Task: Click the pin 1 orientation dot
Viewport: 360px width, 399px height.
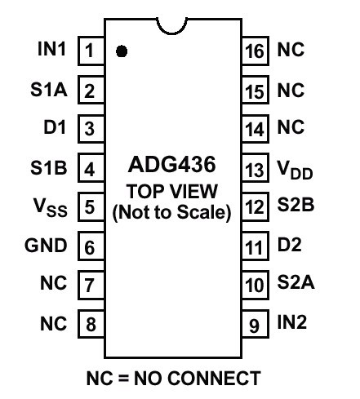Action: pyautogui.click(x=122, y=51)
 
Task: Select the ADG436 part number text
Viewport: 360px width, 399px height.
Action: pyautogui.click(x=172, y=165)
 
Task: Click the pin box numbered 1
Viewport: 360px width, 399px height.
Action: pyautogui.click(x=91, y=51)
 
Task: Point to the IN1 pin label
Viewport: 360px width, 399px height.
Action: pyautogui.click(x=51, y=49)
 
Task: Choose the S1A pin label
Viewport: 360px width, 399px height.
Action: pyautogui.click(x=49, y=90)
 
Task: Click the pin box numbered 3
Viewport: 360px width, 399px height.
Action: pyautogui.click(x=91, y=129)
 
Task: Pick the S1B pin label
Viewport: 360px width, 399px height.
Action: pyautogui.click(x=49, y=167)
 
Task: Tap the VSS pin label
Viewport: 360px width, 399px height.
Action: pyautogui.click(x=51, y=207)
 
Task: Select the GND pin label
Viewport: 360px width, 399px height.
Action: pyautogui.click(x=46, y=246)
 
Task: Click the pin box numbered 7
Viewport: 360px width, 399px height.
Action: pyautogui.click(x=91, y=285)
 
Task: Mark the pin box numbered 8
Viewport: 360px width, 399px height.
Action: pyautogui.click(x=91, y=324)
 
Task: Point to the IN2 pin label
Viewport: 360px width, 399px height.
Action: pyautogui.click(x=292, y=322)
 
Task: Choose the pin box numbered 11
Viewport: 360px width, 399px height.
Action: pyautogui.click(x=256, y=246)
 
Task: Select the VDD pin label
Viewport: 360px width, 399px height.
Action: pyautogui.click(x=295, y=170)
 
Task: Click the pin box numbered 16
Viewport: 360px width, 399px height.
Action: pyautogui.click(x=256, y=51)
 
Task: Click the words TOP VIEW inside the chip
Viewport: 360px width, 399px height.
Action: pyautogui.click(x=172, y=191)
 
